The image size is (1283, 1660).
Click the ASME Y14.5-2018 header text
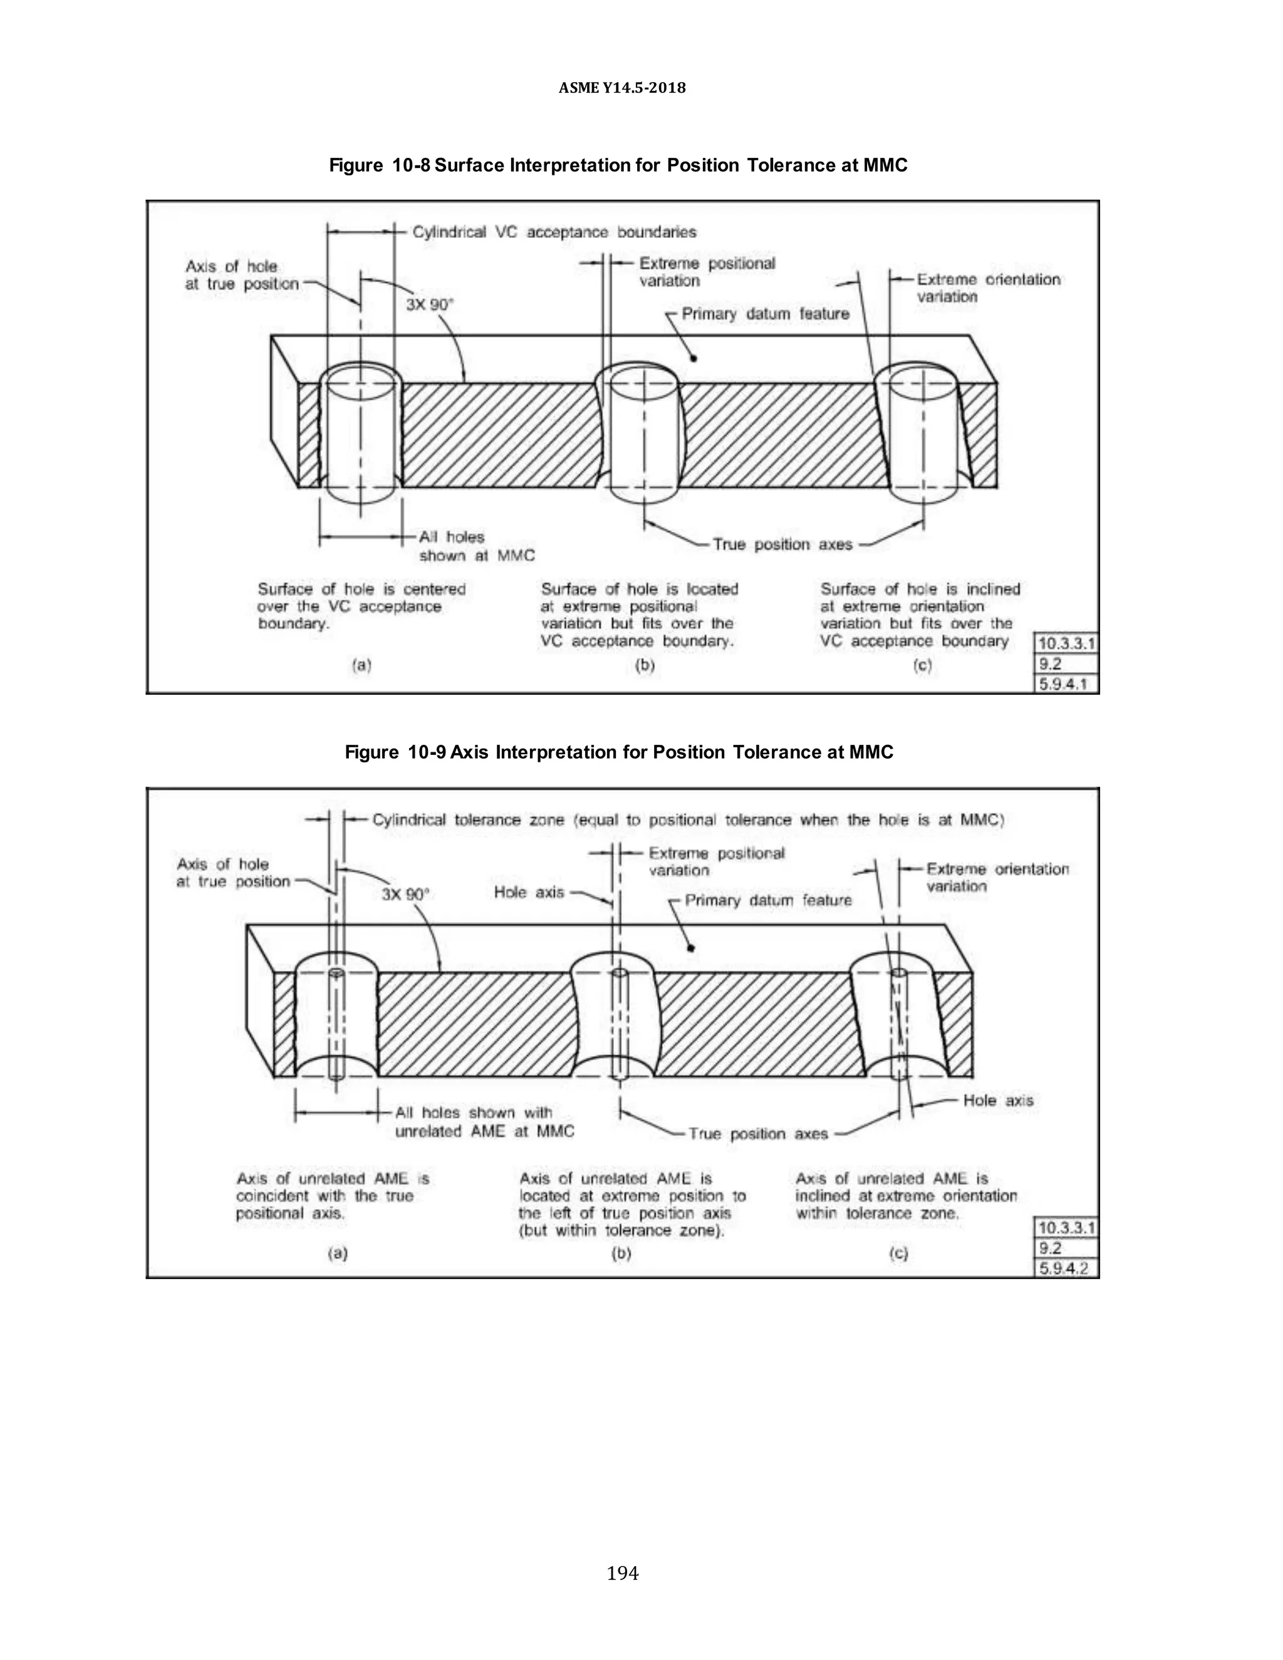pyautogui.click(x=621, y=88)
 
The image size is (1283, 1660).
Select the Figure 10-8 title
pyautogui.click(x=618, y=166)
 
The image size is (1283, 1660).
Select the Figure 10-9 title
pyautogui.click(x=619, y=752)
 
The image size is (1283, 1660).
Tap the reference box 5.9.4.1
pyautogui.click(x=1066, y=684)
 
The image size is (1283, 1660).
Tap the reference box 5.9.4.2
pyautogui.click(x=1066, y=1268)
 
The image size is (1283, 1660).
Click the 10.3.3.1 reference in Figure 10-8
pyautogui.click(x=1066, y=644)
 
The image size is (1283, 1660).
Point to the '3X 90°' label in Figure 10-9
pyautogui.click(x=405, y=894)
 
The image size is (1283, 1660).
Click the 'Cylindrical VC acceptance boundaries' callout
pyautogui.click(x=554, y=232)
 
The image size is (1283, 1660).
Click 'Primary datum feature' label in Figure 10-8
pyautogui.click(x=765, y=314)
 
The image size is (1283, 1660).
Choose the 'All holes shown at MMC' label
pyautogui.click(x=477, y=546)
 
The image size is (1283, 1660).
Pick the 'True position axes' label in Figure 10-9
pyautogui.click(x=758, y=1134)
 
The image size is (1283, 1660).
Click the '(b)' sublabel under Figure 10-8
pyautogui.click(x=645, y=666)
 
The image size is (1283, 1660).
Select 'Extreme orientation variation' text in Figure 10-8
pyautogui.click(x=987, y=288)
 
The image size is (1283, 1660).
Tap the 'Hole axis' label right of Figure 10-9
pyautogui.click(x=998, y=1101)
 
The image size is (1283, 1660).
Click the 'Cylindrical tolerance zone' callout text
pyautogui.click(x=688, y=820)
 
